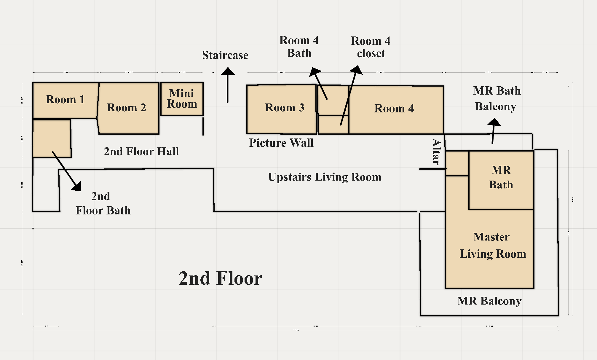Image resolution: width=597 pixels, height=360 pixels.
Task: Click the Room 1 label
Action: point(65,99)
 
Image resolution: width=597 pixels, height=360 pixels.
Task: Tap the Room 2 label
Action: point(127,107)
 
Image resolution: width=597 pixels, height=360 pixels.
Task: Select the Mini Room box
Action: point(182,99)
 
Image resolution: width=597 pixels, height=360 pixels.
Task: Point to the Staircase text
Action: point(225,55)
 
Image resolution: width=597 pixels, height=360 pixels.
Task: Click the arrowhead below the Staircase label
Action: point(228,71)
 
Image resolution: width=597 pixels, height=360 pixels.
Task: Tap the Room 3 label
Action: point(285,107)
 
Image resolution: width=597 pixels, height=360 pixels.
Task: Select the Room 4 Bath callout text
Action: point(299,47)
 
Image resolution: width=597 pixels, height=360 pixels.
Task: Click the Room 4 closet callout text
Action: point(371,47)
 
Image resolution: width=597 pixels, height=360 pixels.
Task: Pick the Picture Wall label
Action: point(281,143)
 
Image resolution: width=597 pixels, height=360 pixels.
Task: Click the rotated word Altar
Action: point(436,152)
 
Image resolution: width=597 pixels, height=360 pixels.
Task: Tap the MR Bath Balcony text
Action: point(497,98)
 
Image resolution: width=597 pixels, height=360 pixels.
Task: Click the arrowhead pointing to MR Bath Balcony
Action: point(494,122)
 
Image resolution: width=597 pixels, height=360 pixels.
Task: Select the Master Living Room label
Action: point(492,245)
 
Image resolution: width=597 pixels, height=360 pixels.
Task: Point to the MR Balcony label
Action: point(489,301)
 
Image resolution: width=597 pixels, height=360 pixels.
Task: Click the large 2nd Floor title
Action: point(220,278)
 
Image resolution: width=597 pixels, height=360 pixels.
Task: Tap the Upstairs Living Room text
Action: point(325,177)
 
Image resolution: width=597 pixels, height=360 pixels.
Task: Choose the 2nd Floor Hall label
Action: point(141,152)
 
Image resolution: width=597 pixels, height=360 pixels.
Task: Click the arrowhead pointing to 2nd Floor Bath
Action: point(77,186)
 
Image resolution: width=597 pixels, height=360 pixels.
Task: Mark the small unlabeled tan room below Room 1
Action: point(52,138)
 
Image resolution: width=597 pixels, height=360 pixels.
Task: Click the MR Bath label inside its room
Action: point(501,177)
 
